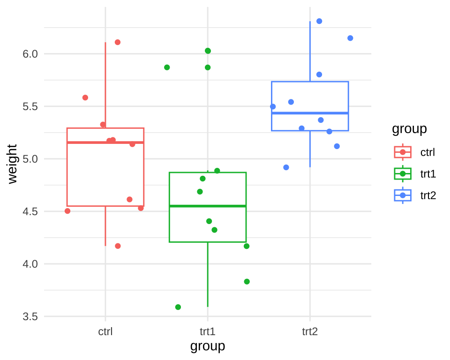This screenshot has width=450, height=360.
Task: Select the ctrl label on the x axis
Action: [x=105, y=332]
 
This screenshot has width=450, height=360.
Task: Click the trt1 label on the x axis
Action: [x=208, y=332]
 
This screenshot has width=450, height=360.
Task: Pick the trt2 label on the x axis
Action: [x=310, y=332]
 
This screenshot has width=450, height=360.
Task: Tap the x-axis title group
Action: [x=208, y=346]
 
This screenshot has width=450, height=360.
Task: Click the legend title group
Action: [x=409, y=129]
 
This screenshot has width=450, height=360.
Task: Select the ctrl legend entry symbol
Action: [x=403, y=152]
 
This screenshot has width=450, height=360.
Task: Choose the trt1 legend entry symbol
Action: [x=403, y=174]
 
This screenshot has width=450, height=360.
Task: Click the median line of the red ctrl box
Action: [x=105, y=142]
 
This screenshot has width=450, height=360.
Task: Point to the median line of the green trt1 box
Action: [x=208, y=206]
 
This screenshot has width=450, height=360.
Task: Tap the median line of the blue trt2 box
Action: [x=310, y=113]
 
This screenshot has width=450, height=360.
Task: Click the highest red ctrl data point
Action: [x=118, y=42]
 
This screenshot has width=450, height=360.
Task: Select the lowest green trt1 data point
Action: [x=178, y=307]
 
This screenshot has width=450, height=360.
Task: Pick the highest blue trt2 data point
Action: [x=319, y=21]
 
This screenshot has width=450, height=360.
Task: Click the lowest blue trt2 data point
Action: [x=286, y=167]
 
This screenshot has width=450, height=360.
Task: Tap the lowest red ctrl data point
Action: [x=118, y=246]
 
